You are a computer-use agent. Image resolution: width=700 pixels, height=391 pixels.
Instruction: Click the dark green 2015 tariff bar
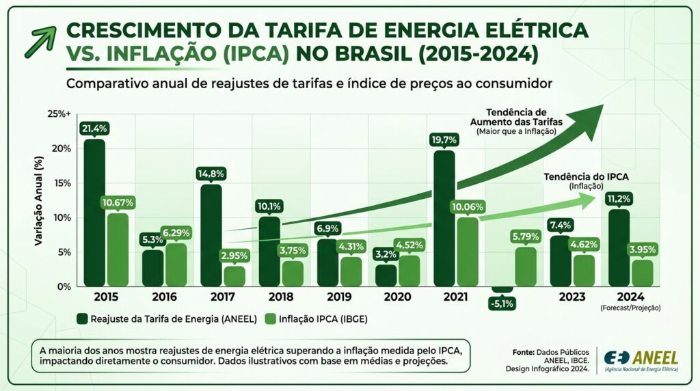(x=94, y=213)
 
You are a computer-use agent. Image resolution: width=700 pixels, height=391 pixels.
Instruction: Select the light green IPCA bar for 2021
(x=468, y=252)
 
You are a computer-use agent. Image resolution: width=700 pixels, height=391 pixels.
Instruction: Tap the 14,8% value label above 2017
(x=211, y=173)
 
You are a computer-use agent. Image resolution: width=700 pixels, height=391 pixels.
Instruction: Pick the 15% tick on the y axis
(x=62, y=183)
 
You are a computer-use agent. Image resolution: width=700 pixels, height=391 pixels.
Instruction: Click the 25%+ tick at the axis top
(x=59, y=113)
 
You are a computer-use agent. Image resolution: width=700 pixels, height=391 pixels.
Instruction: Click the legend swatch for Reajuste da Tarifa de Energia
(x=82, y=318)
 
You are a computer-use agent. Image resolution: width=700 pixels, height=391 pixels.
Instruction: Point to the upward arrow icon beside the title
(x=37, y=42)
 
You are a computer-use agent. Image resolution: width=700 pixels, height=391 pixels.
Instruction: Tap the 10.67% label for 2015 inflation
(x=118, y=202)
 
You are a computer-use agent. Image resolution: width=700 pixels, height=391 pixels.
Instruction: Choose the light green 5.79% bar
(x=526, y=267)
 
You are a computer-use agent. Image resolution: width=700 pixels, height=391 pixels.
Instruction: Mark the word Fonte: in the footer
(x=524, y=351)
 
